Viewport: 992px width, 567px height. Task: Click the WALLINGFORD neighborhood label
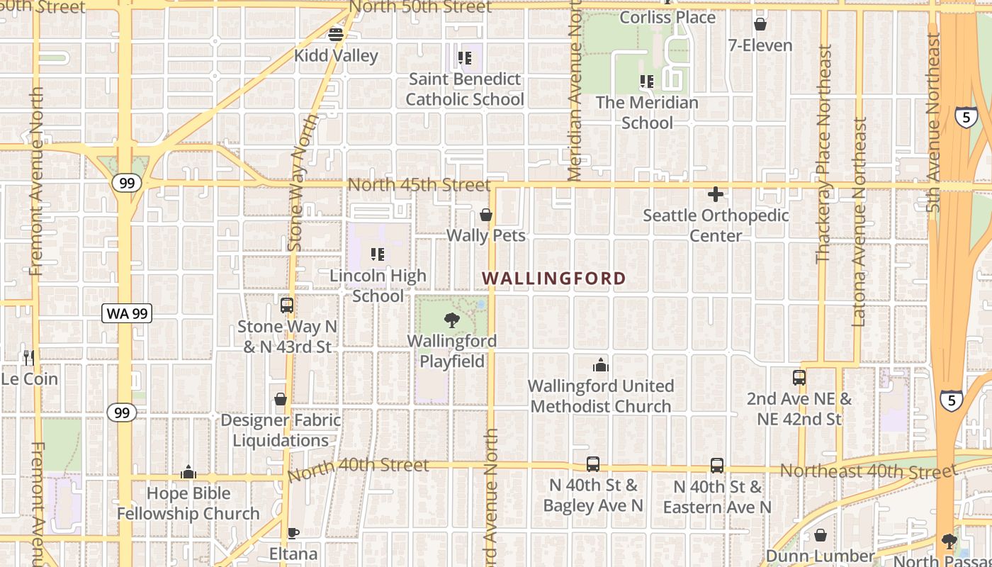coord(554,279)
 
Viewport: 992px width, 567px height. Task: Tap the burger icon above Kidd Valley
coord(336,33)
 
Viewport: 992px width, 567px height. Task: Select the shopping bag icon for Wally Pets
coord(486,215)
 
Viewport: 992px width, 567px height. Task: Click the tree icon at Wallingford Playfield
coord(451,320)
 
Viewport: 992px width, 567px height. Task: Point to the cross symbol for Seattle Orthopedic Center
coord(716,193)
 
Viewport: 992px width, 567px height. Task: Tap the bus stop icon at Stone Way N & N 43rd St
coord(287,305)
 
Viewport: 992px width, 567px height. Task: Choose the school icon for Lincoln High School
coord(378,254)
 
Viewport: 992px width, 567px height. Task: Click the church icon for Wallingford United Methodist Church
coord(601,366)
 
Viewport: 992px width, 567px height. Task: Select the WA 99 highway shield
coord(128,313)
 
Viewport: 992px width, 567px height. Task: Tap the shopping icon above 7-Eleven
coord(760,25)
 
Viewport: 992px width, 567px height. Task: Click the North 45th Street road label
coord(419,185)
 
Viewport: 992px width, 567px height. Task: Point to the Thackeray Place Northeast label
coord(823,154)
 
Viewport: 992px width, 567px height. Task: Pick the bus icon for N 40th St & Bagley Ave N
coord(593,465)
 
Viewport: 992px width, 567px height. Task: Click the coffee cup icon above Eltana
coord(293,533)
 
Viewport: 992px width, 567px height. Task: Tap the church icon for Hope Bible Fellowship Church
coord(188,472)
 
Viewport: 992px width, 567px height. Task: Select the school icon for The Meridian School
coord(646,82)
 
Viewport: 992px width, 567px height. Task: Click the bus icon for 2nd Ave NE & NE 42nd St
coord(799,378)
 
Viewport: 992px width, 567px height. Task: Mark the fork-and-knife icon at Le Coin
coord(28,357)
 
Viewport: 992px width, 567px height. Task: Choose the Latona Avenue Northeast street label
coord(859,222)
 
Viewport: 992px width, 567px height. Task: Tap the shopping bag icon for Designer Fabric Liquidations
coord(281,399)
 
